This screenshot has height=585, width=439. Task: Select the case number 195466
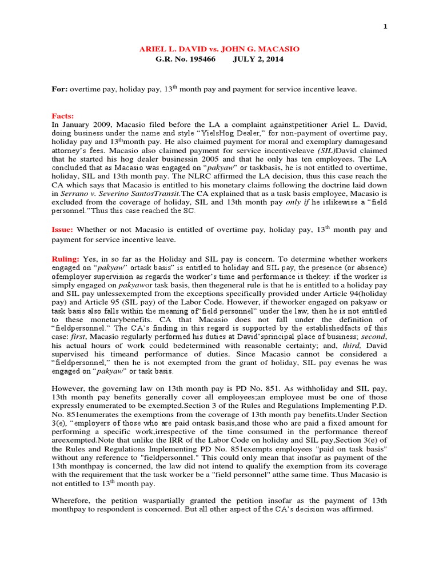(200, 60)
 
